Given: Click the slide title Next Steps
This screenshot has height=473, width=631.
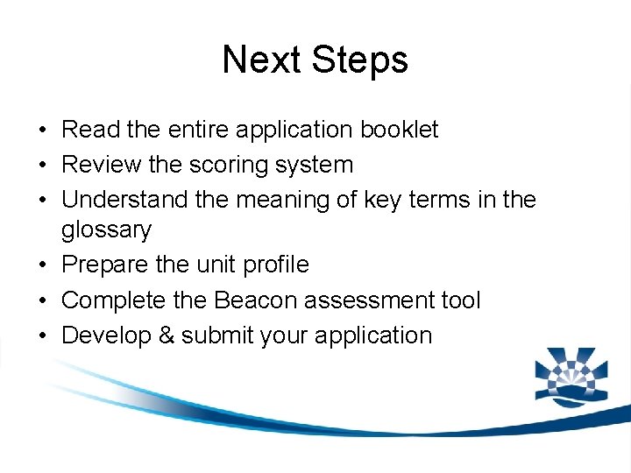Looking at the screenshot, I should (x=315, y=60).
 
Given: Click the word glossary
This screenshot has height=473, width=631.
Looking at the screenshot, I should (x=106, y=230).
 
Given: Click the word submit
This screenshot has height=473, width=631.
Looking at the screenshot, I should (x=213, y=335).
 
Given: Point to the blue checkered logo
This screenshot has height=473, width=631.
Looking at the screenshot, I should (x=571, y=376).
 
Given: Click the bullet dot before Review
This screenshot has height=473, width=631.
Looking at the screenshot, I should (x=43, y=166).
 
